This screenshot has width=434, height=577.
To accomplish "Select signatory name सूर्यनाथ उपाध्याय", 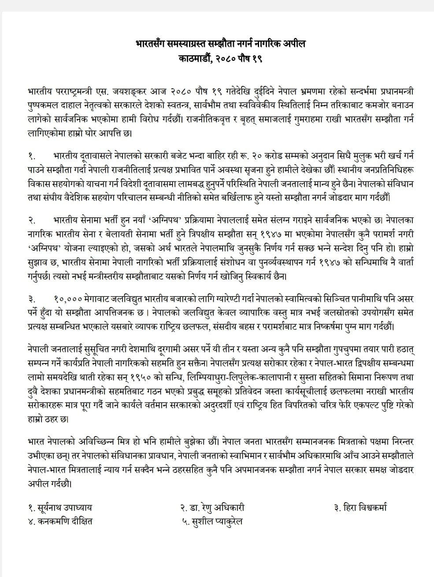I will point(60,507).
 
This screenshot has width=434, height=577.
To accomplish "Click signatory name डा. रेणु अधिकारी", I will point(213,507).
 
